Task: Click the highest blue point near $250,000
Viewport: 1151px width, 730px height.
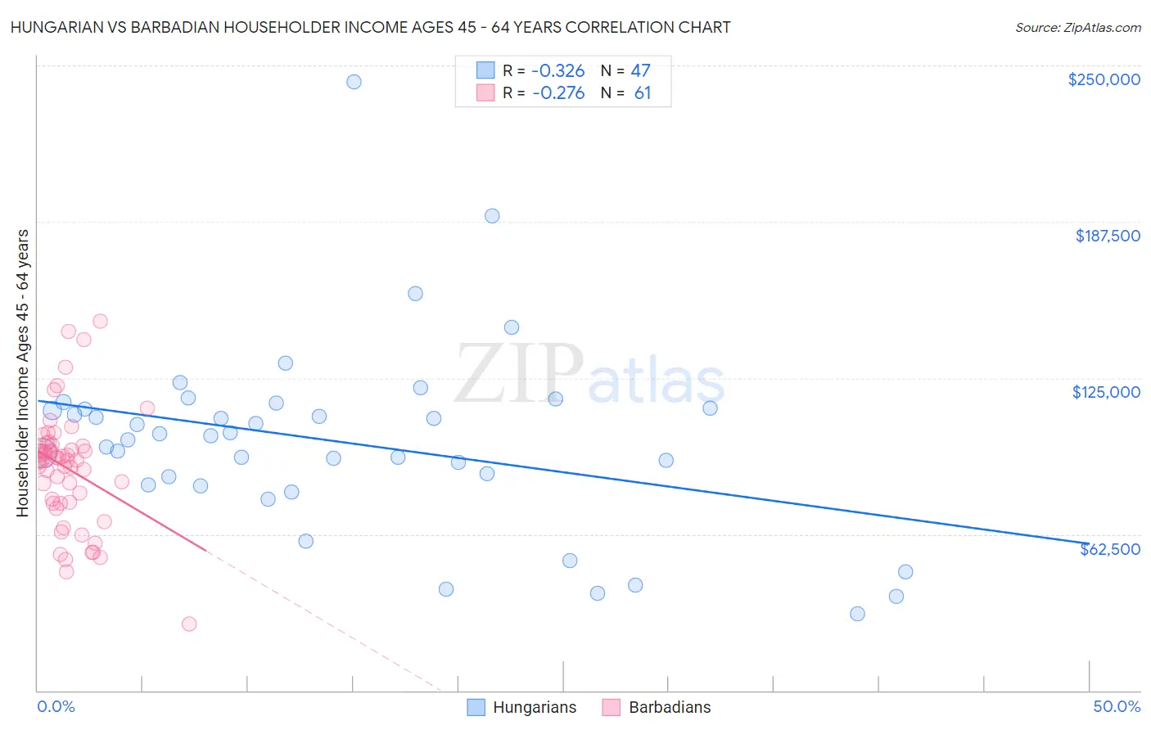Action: pos(354,82)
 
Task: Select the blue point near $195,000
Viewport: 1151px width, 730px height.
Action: pos(492,216)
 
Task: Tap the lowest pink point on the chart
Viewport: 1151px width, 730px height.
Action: pos(189,624)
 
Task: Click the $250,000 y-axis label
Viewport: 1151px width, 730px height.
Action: pos(1104,79)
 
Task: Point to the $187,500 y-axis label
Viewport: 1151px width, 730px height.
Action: pos(1107,236)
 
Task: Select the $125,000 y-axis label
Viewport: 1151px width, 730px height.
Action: pos(1106,392)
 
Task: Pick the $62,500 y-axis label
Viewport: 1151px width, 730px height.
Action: pos(1109,549)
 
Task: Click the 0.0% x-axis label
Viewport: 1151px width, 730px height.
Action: pos(56,707)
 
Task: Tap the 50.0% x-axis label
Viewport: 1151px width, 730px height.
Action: pos(1117,707)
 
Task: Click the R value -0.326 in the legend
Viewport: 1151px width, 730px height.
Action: pos(558,71)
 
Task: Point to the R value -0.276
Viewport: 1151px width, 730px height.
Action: pos(558,93)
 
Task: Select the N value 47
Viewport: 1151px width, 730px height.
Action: pos(640,71)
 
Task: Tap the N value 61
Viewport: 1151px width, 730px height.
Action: pos(642,93)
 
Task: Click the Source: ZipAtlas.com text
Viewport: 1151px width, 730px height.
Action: pos(1077,28)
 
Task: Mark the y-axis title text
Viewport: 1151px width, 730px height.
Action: pos(23,373)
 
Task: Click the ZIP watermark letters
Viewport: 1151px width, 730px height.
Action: pos(519,373)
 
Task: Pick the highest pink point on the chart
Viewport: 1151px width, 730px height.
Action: pos(100,321)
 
